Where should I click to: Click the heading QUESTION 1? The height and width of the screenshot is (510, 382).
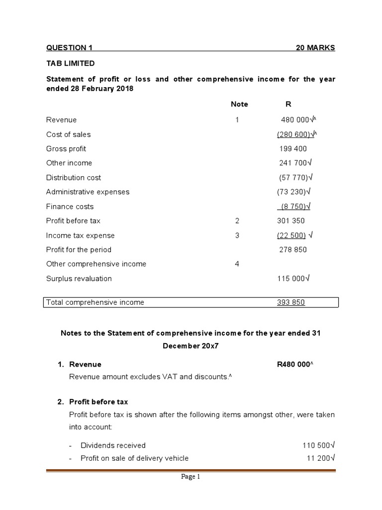69,48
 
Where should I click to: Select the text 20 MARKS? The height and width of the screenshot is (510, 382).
315,48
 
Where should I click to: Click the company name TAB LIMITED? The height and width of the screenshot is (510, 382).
70,64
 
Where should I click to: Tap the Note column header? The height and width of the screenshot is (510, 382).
239,104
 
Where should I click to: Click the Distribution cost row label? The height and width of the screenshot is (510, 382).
73,178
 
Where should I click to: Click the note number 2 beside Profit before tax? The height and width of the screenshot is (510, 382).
237,221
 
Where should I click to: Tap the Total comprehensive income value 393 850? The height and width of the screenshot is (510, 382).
291,302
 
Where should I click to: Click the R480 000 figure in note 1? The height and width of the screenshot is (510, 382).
293,365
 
